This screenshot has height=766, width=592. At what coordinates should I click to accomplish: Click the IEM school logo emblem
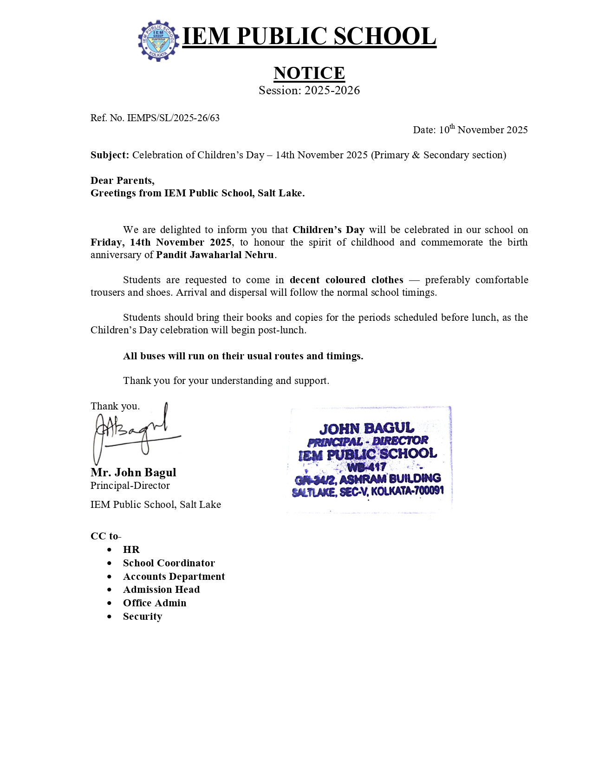tap(158, 41)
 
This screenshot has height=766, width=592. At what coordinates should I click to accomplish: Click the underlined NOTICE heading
tap(309, 73)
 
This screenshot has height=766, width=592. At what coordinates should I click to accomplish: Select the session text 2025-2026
tap(332, 91)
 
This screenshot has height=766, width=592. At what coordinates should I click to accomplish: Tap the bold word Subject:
tap(110, 155)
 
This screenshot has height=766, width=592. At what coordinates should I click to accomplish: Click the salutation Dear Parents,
tap(123, 181)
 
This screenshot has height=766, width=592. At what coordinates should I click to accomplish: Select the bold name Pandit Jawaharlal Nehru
tap(215, 255)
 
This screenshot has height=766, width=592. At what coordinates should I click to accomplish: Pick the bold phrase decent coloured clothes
tap(346, 280)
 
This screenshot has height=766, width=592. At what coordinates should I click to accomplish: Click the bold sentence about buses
tap(243, 356)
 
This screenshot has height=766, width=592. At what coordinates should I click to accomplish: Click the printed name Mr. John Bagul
tap(133, 473)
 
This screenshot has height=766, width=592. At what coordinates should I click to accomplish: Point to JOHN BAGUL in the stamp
tap(366, 428)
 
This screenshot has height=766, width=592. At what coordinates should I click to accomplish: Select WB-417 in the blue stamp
tap(366, 467)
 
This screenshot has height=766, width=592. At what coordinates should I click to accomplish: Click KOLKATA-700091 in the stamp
tap(407, 491)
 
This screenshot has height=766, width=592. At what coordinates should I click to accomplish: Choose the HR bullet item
tap(131, 550)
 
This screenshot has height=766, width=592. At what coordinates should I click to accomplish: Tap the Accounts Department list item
tap(174, 577)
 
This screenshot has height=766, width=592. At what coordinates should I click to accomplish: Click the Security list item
tap(143, 617)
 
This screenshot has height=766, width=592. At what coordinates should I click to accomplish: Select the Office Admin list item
tap(155, 603)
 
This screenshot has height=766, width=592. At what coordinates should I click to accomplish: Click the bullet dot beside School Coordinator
tap(110, 563)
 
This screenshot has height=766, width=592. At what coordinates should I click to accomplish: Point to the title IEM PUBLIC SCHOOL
tap(309, 36)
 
